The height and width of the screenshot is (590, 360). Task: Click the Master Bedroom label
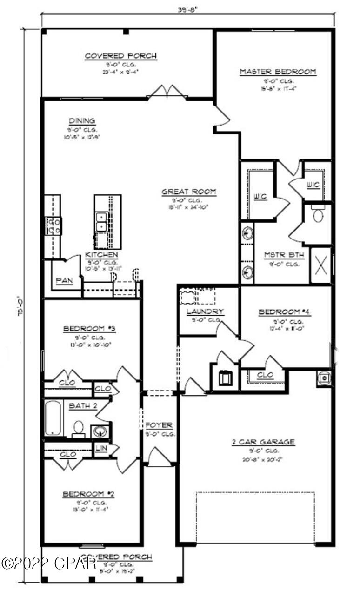(278, 72)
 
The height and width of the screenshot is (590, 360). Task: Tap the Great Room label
(188, 192)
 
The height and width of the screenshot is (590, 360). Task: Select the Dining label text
(81, 120)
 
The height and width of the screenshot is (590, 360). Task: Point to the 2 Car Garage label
(263, 442)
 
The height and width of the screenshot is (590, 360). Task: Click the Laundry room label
(205, 311)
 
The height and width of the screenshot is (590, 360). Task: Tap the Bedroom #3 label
(89, 329)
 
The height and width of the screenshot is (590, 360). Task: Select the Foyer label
(159, 425)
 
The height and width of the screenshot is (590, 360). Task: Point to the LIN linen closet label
(101, 449)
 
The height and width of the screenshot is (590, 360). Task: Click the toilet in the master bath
(318, 215)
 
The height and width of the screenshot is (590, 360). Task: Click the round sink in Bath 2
(100, 431)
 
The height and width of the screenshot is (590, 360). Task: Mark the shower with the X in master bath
(320, 265)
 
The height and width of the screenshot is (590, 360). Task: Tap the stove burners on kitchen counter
(54, 225)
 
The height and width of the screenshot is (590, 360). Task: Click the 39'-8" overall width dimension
(188, 8)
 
